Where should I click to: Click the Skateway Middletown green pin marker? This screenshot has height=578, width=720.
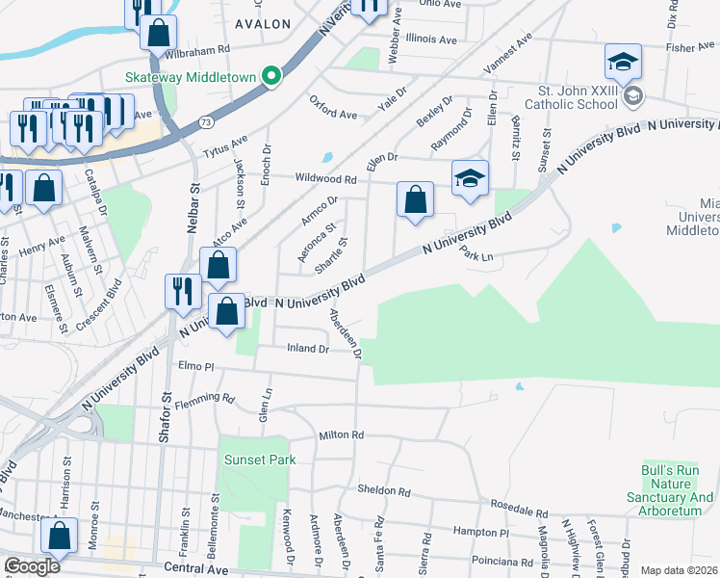tap(272, 76)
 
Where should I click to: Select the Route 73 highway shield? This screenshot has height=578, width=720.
tap(205, 122)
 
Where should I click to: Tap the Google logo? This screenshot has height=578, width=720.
tap(32, 566)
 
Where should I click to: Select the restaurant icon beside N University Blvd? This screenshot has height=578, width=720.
tap(182, 290)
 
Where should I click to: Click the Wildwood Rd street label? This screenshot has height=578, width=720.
tap(326, 179)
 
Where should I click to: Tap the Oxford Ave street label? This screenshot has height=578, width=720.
tap(333, 107)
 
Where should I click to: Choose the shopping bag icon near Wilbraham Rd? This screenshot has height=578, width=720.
tap(158, 32)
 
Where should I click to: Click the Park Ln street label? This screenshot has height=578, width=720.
tap(476, 255)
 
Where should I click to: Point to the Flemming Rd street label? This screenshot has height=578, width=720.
tap(206, 397)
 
